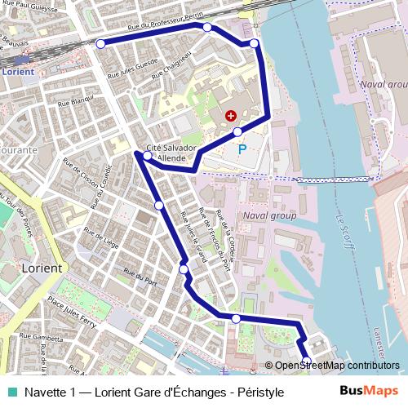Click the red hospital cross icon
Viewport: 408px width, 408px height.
click(230, 116)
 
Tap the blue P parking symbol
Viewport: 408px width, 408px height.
click(242, 149)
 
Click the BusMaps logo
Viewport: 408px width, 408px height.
click(369, 392)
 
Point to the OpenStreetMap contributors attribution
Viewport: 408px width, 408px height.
click(336, 366)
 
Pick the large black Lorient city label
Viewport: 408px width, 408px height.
click(42, 268)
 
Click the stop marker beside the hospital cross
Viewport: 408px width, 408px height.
click(237, 131)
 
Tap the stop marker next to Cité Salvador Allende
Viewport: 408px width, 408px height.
click(148, 155)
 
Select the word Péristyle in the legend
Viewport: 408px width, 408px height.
click(259, 392)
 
